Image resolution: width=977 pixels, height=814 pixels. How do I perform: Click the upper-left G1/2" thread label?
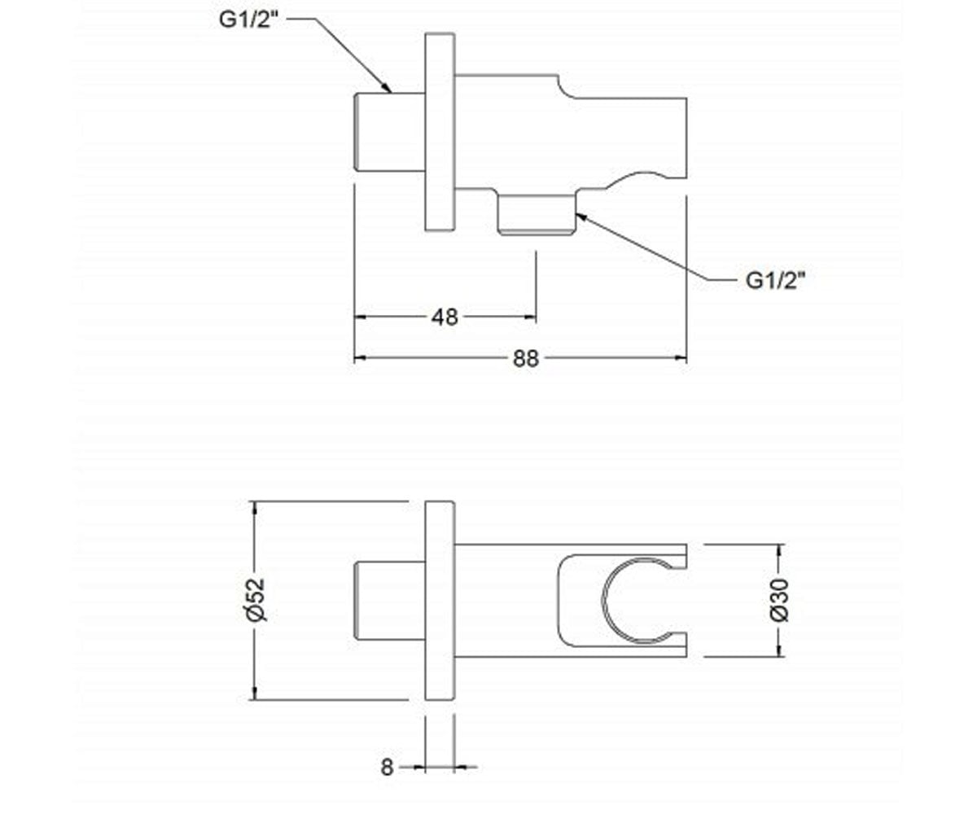pos(248,20)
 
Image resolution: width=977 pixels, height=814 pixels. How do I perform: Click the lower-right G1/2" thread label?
pos(776,281)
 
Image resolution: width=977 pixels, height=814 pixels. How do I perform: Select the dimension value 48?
pos(444,317)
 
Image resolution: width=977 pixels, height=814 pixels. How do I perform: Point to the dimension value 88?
pos(526,359)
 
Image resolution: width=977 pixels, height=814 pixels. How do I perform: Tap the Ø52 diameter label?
pos(256,600)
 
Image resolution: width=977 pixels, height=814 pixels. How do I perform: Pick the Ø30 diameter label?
pos(779,600)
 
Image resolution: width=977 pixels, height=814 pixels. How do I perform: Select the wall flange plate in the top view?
pos(440,132)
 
